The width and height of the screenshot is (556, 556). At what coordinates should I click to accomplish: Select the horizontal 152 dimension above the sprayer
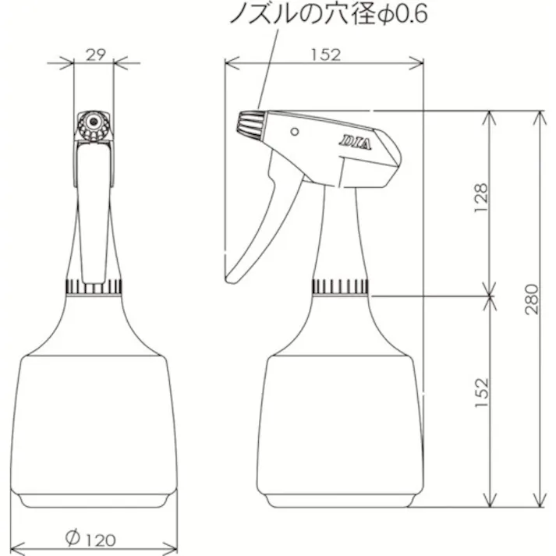click(324, 54)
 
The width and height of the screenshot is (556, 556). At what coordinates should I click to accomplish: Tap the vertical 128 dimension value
click(480, 199)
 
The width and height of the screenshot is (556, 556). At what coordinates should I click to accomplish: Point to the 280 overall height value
click(532, 299)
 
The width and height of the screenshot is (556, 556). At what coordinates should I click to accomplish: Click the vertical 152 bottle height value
click(480, 395)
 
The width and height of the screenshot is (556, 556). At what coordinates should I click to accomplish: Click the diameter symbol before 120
click(72, 537)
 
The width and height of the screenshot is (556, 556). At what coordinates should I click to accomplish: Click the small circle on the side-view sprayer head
click(295, 131)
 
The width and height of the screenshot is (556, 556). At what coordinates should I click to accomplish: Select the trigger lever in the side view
click(257, 234)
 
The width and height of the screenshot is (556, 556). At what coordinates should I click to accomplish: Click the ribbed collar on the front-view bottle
click(94, 286)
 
